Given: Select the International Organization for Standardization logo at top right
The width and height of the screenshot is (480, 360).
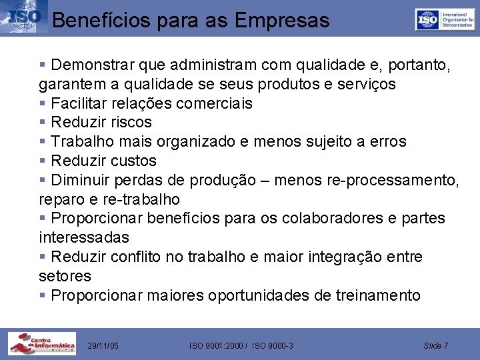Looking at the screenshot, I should click(445, 19).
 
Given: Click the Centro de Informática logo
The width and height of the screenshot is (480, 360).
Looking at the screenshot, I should click(41, 343).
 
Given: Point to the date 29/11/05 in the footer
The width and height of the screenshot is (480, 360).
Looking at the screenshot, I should click(103, 345).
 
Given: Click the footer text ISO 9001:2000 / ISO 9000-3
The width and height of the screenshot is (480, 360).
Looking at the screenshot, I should click(241, 345).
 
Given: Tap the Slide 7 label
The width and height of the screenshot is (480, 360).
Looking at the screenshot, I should click(436, 345).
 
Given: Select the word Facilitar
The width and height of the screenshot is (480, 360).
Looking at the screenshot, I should click(77, 103).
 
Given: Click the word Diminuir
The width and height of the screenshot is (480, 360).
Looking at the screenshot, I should click(81, 181).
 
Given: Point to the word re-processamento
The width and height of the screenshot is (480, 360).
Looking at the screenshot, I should click(393, 181).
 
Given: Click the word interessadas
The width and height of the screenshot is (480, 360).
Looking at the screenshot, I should click(84, 238).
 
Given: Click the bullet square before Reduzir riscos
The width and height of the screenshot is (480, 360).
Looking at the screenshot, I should click(43, 123).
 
